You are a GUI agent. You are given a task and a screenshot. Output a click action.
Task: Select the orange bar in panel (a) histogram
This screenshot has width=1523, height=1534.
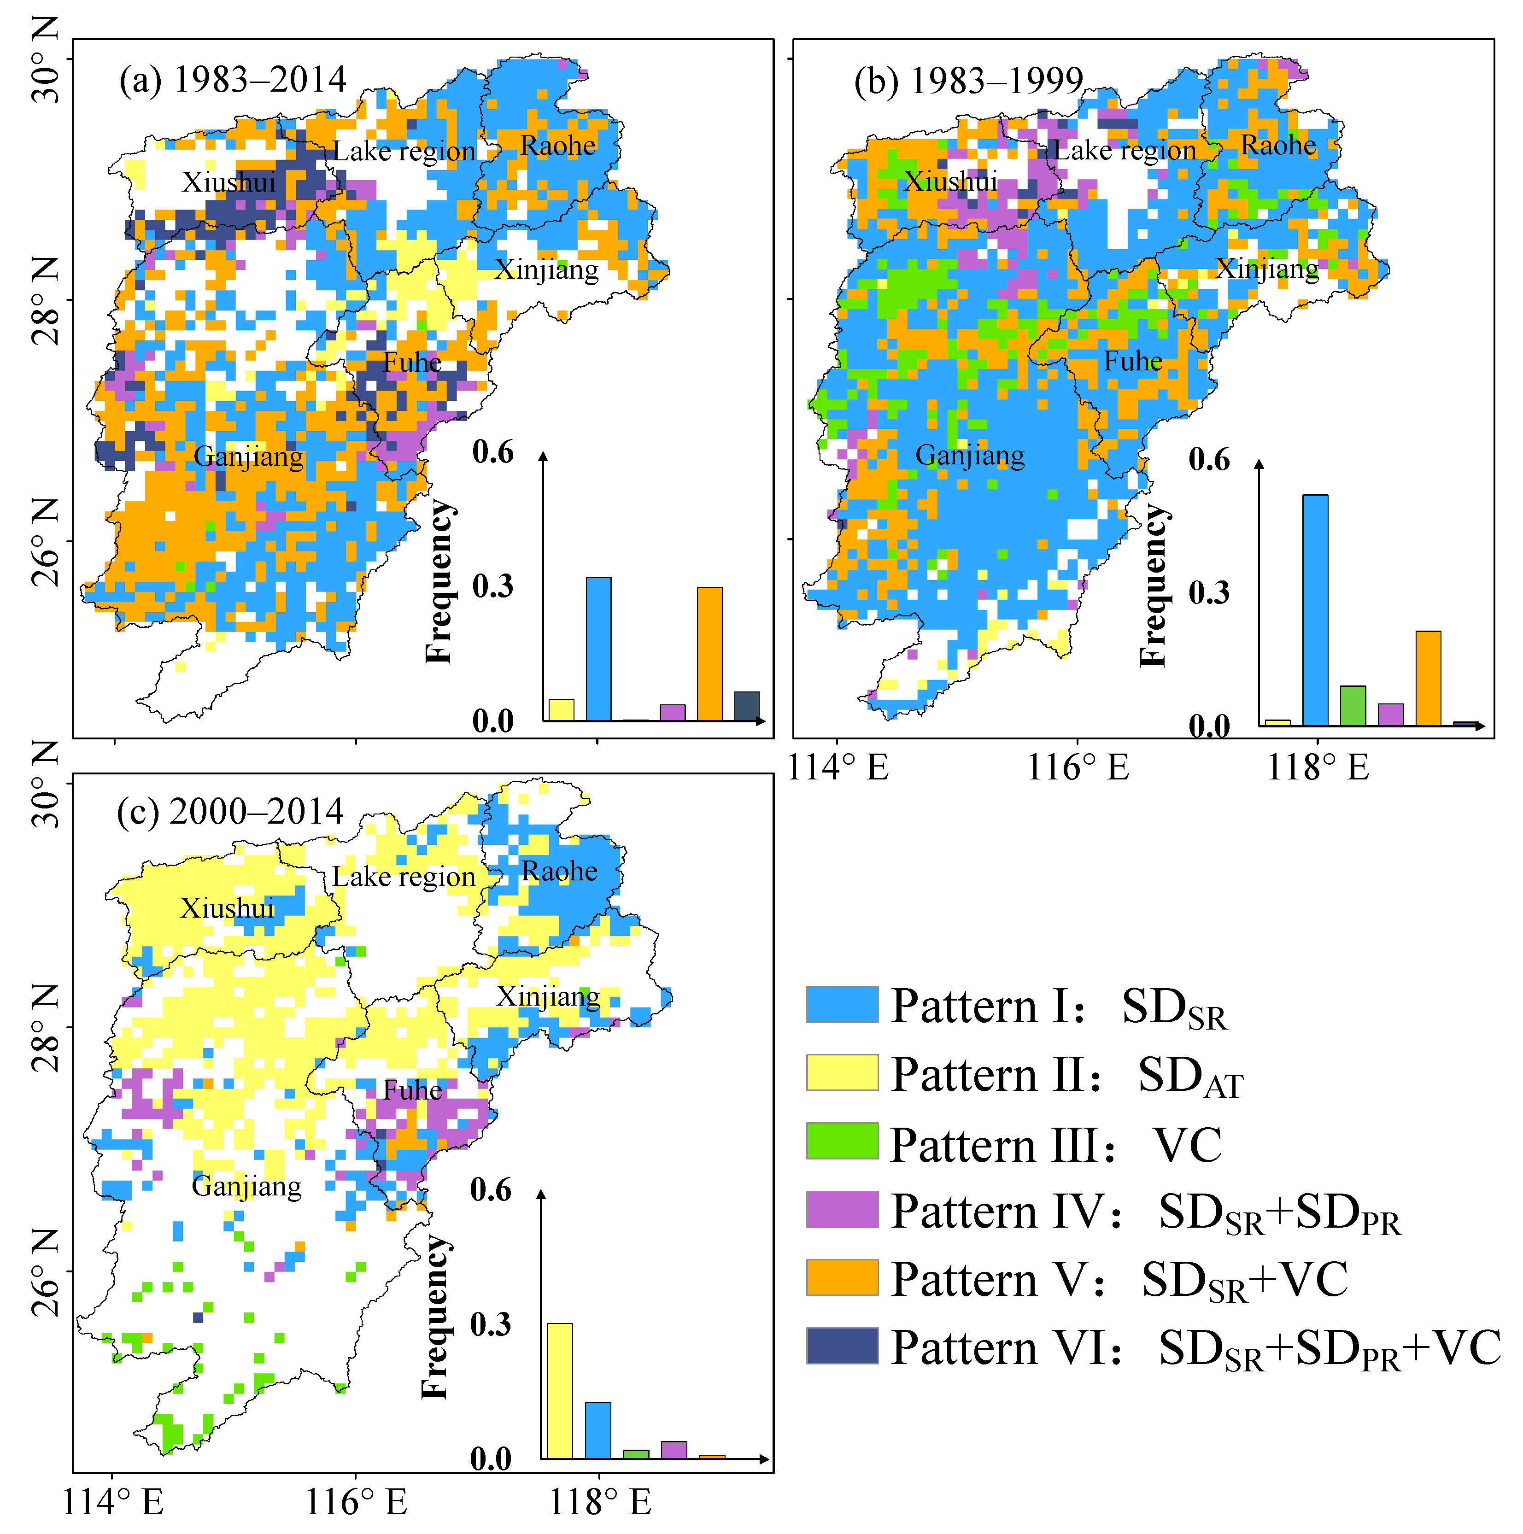click(709, 654)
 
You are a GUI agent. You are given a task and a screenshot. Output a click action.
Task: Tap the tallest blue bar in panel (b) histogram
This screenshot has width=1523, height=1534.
click(1315, 610)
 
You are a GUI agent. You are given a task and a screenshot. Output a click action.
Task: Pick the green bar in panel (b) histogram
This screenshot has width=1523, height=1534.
click(1352, 705)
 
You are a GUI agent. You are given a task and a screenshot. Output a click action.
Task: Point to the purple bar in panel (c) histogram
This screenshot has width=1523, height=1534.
click(674, 1449)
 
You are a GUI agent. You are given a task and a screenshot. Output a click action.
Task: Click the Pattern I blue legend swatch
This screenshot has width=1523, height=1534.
click(842, 1004)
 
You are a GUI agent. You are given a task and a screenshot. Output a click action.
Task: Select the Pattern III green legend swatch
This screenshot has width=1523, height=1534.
click(842, 1141)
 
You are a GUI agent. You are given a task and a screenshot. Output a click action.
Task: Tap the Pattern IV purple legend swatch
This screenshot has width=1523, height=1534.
click(842, 1209)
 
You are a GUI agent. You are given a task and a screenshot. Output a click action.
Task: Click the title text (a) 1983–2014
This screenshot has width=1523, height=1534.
click(233, 80)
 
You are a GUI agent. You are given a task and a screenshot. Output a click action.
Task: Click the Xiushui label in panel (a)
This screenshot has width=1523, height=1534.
click(228, 182)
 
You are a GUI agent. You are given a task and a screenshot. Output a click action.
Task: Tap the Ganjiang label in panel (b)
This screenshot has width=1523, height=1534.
click(970, 455)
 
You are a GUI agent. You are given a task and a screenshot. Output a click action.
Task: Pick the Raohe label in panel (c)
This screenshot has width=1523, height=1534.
click(559, 871)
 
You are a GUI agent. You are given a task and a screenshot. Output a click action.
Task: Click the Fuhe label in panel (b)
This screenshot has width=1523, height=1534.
click(1132, 361)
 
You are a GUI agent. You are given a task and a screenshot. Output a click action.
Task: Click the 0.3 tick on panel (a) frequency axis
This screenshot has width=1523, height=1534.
click(492, 587)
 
